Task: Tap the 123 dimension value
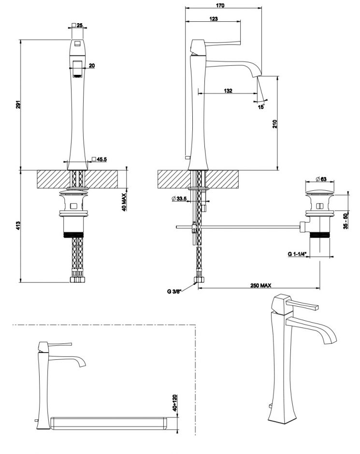click(x=214, y=19)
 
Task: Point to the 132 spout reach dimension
click(x=229, y=90)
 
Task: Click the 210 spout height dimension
click(x=275, y=123)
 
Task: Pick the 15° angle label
click(x=261, y=107)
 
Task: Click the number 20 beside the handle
click(x=92, y=66)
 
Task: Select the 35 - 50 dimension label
click(x=345, y=222)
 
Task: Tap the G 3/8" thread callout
click(x=174, y=291)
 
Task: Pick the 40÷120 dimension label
click(x=175, y=402)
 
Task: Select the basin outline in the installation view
click(x=109, y=423)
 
